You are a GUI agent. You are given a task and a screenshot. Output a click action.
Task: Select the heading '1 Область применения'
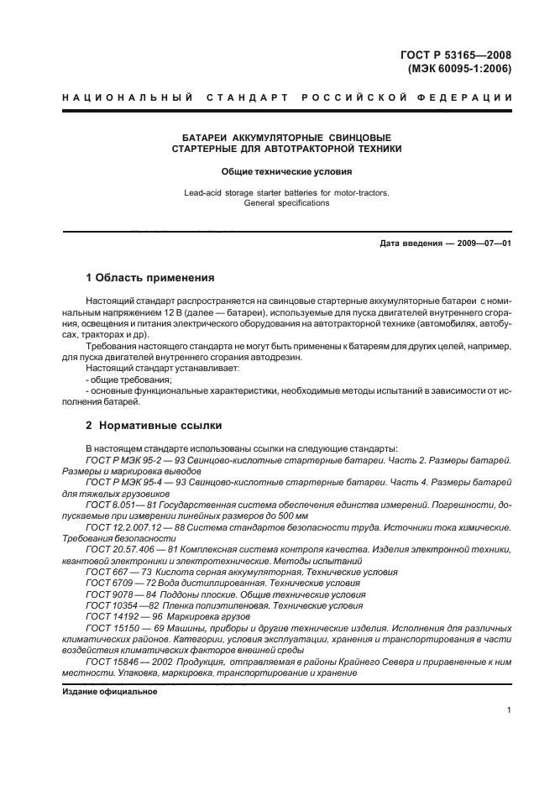149,278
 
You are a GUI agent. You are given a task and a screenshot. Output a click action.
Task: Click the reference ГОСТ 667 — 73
116,572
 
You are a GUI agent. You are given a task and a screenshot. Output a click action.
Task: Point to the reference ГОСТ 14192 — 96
120,615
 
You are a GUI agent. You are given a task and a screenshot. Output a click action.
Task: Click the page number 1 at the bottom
510,710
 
